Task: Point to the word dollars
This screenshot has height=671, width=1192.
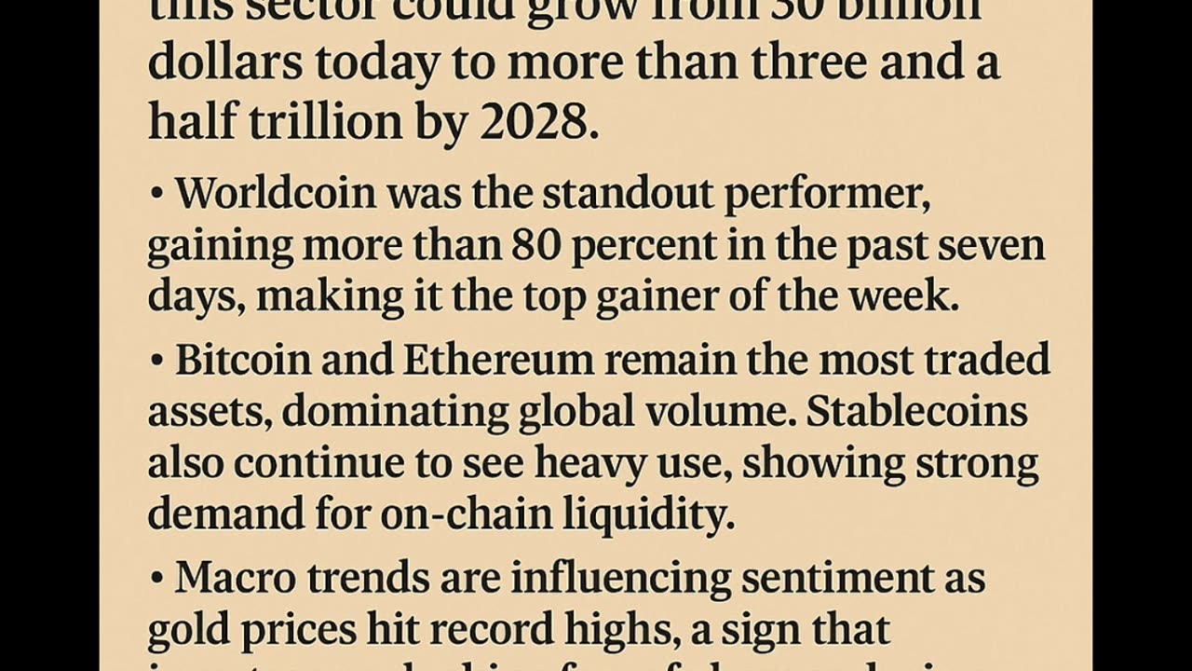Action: coord(225,63)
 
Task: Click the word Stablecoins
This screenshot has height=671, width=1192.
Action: coord(917,411)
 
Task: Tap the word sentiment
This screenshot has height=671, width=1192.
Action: coord(835,578)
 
